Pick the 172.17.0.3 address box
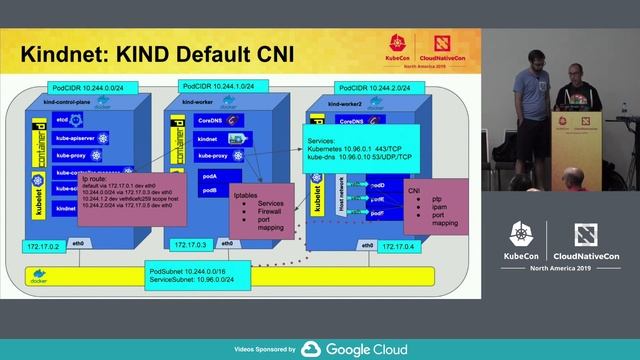pyautogui.click(x=190, y=244)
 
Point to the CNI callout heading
pyautogui.click(x=414, y=189)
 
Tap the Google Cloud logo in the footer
pyautogui.click(x=354, y=349)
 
